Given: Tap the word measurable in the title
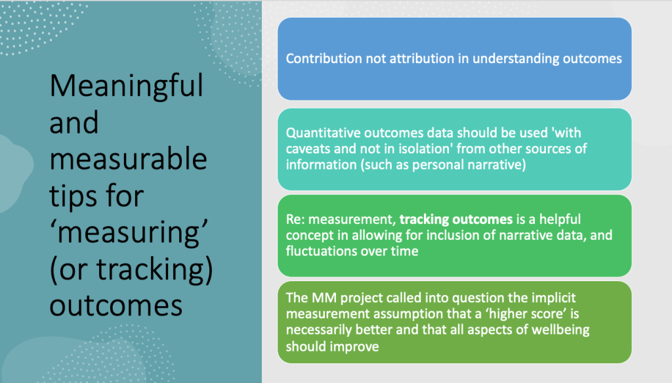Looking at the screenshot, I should (x=128, y=160).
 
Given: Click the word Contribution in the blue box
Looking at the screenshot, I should (x=320, y=58).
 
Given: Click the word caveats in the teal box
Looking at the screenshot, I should (x=308, y=148).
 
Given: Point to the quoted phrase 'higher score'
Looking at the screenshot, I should (x=499, y=314).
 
